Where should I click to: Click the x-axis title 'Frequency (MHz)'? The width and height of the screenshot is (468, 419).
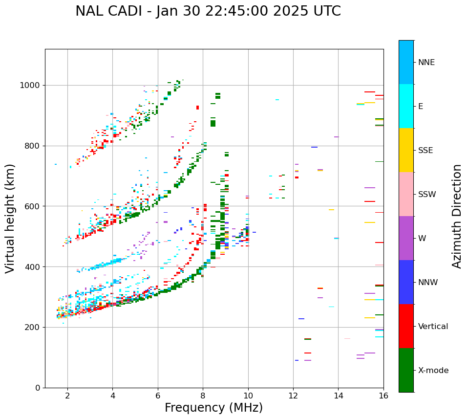[213, 408]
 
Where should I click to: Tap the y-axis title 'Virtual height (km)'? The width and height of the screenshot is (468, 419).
[10, 219]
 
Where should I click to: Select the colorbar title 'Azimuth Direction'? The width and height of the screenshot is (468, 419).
[457, 216]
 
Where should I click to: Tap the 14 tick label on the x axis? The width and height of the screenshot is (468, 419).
[338, 396]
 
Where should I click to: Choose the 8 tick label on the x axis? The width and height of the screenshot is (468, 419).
[203, 396]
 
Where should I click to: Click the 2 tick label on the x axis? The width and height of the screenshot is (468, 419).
[67, 396]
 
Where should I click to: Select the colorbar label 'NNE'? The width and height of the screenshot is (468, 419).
[426, 63]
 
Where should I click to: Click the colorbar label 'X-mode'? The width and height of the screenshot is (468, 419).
[433, 371]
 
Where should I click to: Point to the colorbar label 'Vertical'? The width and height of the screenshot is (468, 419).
[433, 327]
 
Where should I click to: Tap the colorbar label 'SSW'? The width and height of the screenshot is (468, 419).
[427, 195]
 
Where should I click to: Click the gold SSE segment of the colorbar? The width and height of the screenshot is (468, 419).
[406, 150]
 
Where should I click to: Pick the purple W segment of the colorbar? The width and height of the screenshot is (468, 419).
[406, 238]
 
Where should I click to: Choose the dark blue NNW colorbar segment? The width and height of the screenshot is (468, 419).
[406, 282]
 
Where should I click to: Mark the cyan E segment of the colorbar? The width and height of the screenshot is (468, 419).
[406, 106]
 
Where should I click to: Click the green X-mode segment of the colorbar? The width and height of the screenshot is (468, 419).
[406, 370]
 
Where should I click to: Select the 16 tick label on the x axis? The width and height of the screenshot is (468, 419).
[383, 396]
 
